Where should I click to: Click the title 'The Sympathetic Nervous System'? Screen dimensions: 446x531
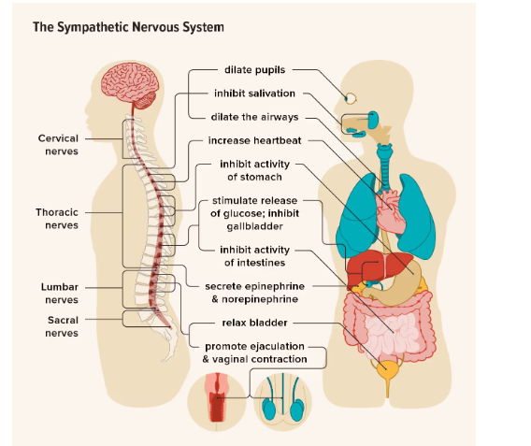point(128,27)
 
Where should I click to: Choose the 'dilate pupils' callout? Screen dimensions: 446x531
point(254,70)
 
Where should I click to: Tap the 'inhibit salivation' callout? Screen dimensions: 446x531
point(254,94)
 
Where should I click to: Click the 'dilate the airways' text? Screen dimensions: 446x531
point(254,117)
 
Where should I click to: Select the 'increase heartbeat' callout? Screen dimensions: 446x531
point(254,143)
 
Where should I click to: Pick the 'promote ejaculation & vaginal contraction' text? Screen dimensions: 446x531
point(254,352)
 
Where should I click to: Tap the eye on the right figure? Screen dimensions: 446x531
point(350,97)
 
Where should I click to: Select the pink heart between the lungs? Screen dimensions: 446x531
point(394,210)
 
